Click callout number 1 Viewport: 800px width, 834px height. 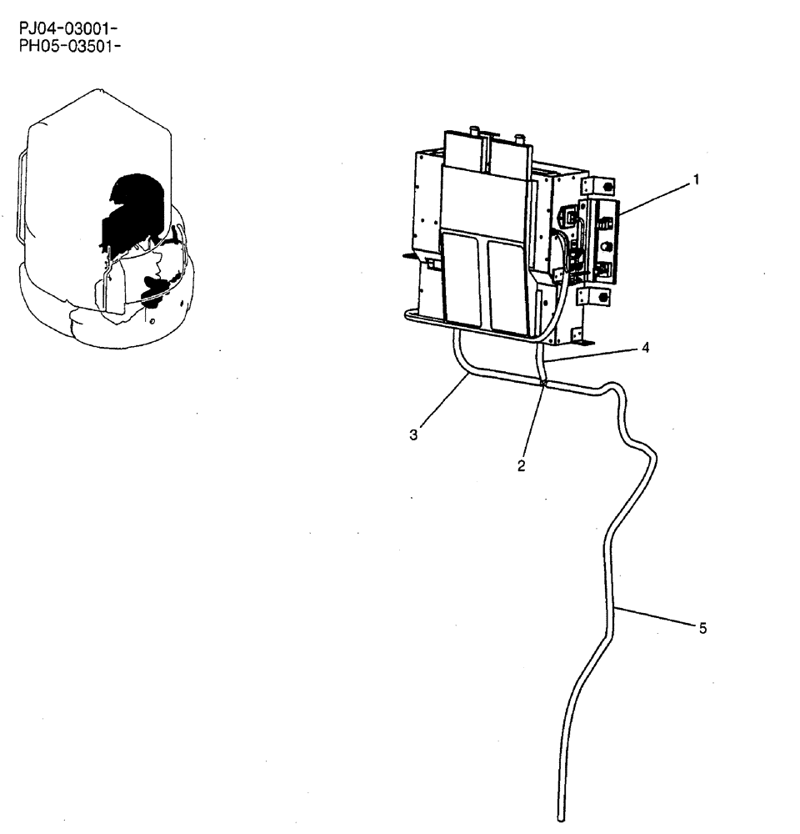point(697,179)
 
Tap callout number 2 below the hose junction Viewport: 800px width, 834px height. point(521,466)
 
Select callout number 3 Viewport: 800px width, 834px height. point(414,435)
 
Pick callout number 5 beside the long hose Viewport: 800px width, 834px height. point(702,629)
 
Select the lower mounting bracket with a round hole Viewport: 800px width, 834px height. point(597,297)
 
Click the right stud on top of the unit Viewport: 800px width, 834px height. point(520,138)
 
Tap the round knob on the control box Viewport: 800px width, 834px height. point(607,248)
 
